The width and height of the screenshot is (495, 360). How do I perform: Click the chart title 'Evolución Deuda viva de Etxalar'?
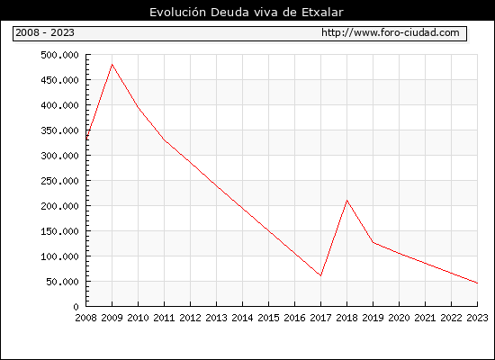click(x=247, y=12)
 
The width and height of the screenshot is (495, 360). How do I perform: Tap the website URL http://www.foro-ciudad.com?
click(x=391, y=32)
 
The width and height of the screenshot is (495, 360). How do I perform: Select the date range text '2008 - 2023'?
click(x=45, y=32)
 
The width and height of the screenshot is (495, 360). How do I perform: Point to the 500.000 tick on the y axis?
click(x=59, y=55)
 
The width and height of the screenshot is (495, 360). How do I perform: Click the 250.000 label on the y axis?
click(x=59, y=181)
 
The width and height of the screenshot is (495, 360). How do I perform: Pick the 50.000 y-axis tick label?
click(x=62, y=282)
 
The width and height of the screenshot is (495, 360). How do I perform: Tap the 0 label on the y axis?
click(x=76, y=307)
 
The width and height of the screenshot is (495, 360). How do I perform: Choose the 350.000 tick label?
click(x=59, y=130)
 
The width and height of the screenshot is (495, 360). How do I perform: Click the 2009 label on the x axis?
click(x=112, y=318)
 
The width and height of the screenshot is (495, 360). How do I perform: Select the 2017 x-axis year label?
click(x=320, y=318)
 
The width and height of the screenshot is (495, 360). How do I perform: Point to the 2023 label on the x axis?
click(x=477, y=318)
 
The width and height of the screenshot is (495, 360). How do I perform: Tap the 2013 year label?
click(x=216, y=318)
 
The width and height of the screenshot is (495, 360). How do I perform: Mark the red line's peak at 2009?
click(x=112, y=65)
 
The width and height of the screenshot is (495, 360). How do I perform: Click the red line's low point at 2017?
click(x=320, y=275)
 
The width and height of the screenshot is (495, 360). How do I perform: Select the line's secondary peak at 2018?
click(x=346, y=200)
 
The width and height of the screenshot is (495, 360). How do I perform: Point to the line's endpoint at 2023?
click(x=477, y=283)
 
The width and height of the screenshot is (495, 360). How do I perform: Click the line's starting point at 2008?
click(x=86, y=139)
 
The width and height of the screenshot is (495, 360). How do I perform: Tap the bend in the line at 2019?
click(x=373, y=242)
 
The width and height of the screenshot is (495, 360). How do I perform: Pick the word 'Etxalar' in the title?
click(x=322, y=12)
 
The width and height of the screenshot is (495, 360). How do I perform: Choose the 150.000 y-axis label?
click(x=59, y=231)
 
